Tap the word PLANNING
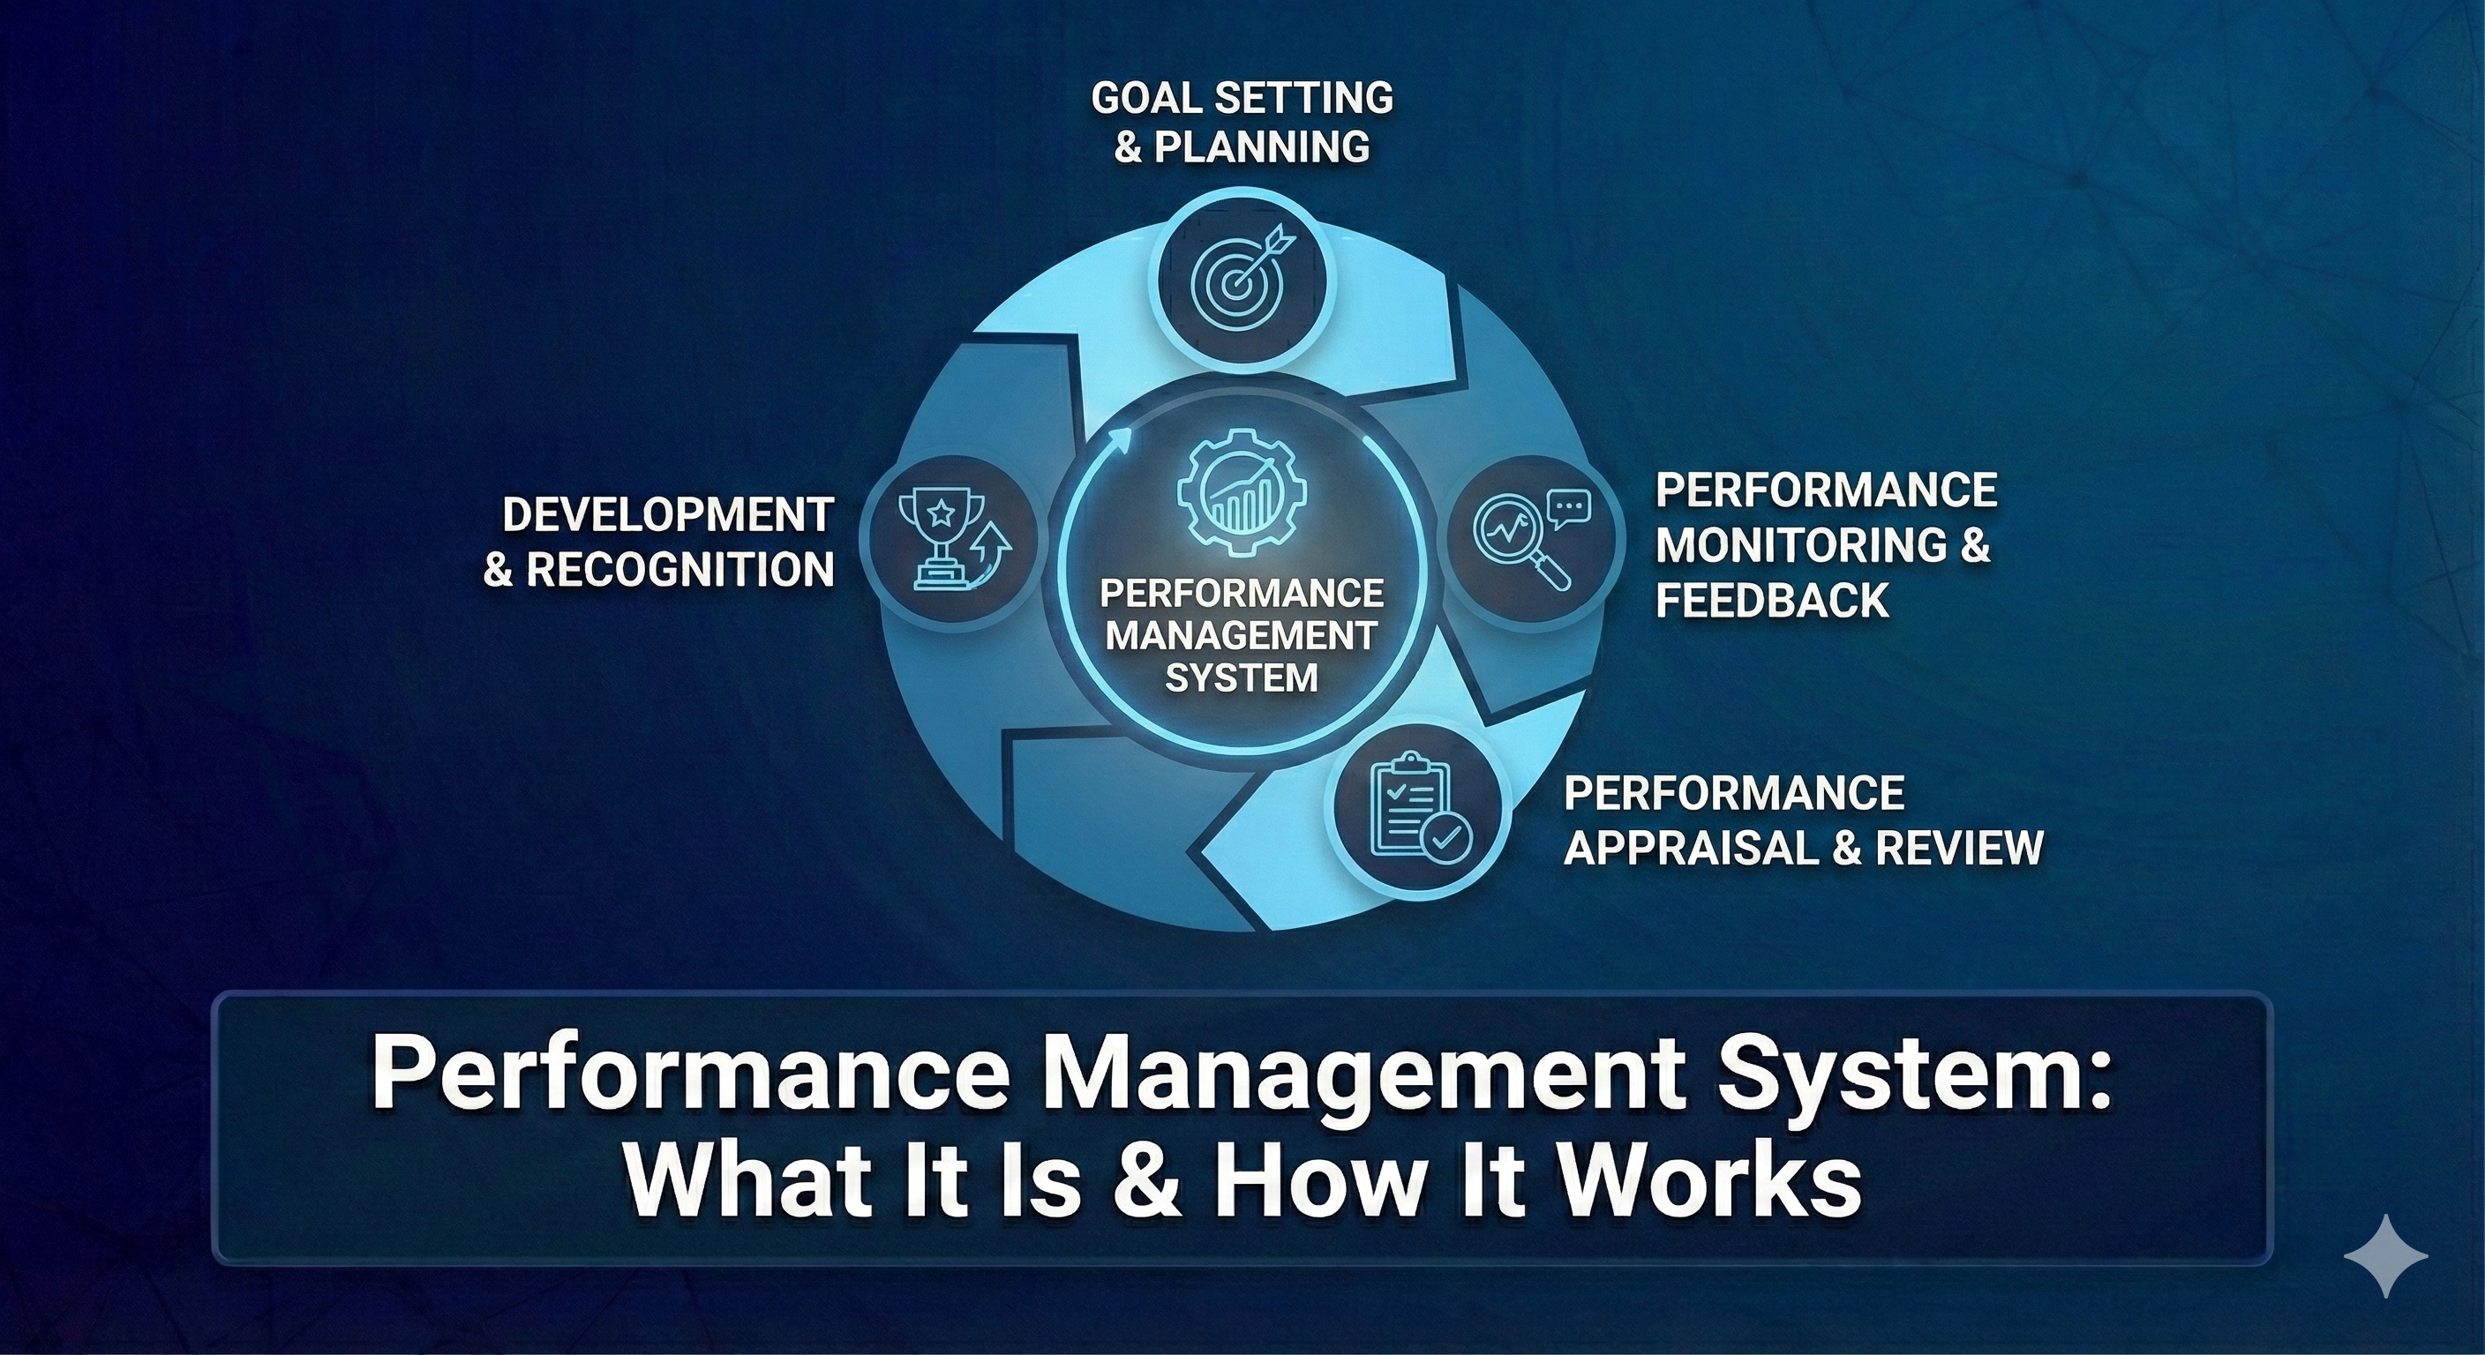[x=1261, y=146]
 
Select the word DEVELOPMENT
[x=667, y=515]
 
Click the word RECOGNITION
[x=680, y=570]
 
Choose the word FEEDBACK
[x=1772, y=600]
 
